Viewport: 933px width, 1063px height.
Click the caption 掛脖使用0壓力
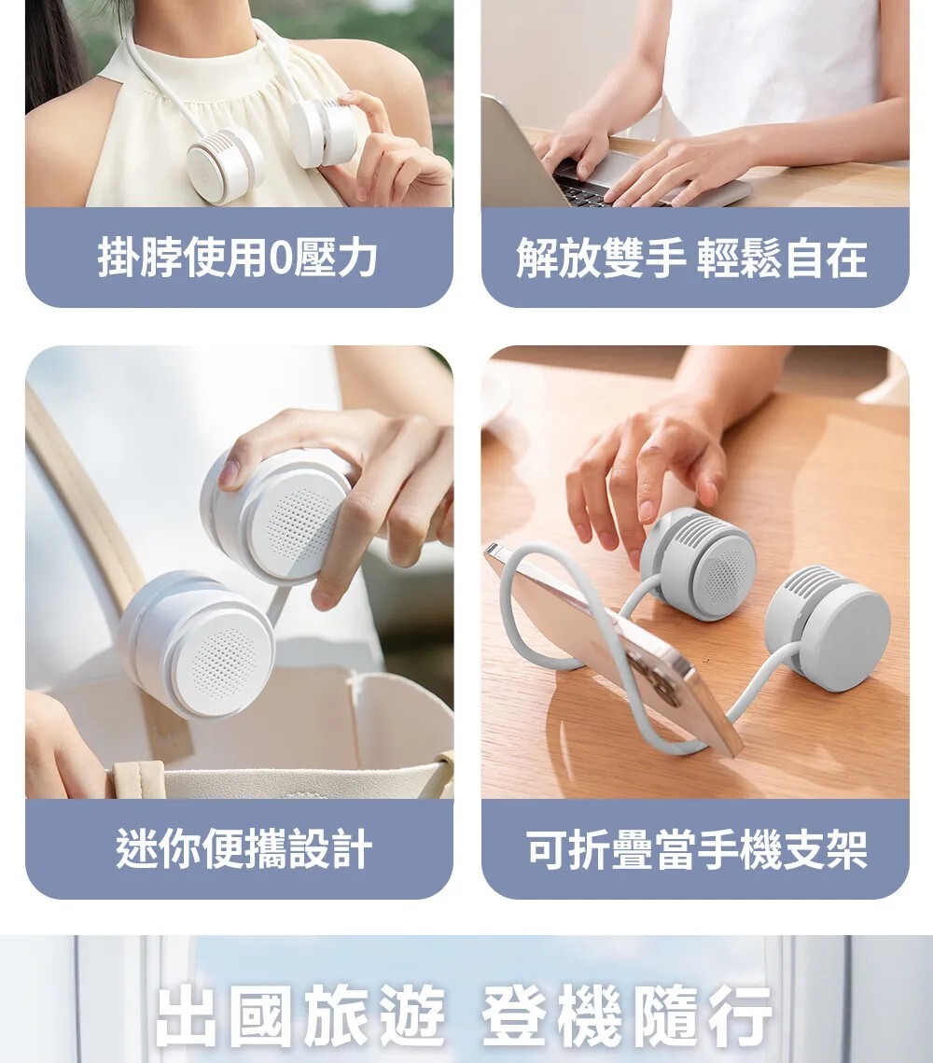237,258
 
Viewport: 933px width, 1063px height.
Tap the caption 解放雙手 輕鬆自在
691,258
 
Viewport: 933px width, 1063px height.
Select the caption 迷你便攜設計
244,848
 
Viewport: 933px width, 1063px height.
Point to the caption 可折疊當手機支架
697,848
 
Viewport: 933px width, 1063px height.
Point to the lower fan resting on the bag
197,644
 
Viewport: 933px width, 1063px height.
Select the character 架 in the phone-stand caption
847,848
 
